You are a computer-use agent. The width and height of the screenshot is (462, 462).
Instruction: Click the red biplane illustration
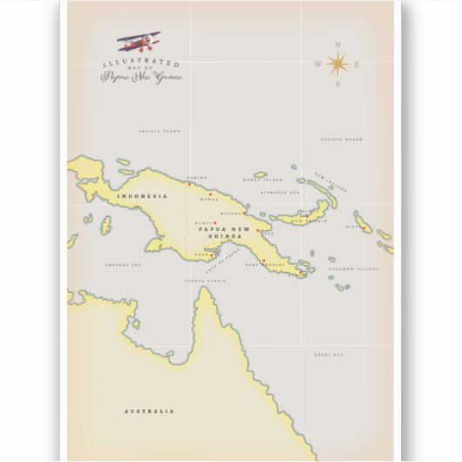pos(139,41)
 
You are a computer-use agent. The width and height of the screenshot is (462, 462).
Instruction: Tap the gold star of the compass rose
pos(338,63)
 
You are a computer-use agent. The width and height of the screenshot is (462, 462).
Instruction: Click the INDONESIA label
pos(140,196)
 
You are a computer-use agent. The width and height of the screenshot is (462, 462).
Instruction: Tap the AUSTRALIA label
pos(149,411)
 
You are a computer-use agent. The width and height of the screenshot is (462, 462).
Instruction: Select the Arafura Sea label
pos(122,264)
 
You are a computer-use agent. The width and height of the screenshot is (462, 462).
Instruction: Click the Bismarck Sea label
pos(281,192)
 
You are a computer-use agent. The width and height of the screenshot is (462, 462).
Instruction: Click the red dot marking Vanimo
pos(190,184)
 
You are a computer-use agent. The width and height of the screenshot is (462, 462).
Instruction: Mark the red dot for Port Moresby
pos(263,259)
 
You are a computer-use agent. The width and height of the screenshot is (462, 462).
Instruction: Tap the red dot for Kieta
pos(363,228)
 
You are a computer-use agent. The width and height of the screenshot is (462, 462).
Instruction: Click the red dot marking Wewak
pos(210,194)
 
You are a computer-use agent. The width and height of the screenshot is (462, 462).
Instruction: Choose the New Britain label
pos(307,221)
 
